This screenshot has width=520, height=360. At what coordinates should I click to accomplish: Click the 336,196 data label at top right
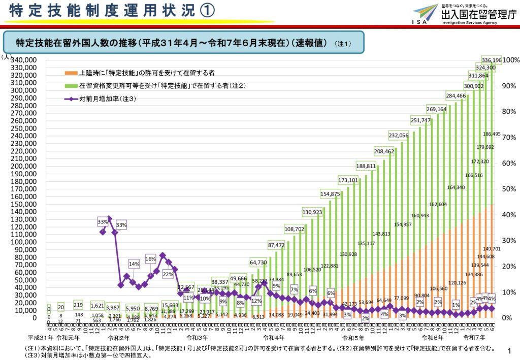[x=491, y=60]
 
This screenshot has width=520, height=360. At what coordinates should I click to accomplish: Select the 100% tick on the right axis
[x=509, y=60]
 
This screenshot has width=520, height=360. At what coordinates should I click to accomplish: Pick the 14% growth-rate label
[x=134, y=264]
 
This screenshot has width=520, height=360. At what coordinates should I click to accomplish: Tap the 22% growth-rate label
[x=168, y=274]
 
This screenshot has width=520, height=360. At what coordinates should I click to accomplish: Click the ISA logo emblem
[x=425, y=13]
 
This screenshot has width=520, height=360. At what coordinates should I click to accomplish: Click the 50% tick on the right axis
[x=509, y=189]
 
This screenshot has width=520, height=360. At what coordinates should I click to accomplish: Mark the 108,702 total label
[x=295, y=229]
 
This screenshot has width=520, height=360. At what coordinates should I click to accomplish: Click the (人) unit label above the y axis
[x=6, y=56]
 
